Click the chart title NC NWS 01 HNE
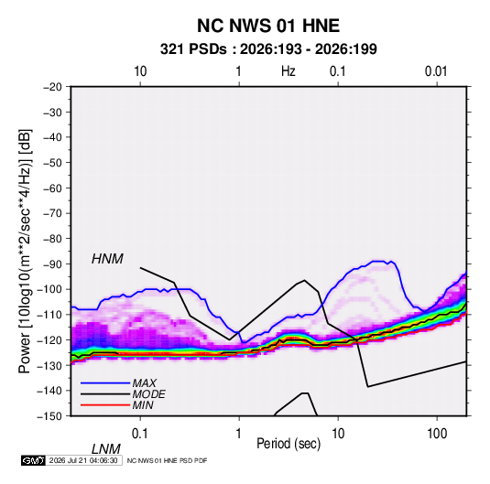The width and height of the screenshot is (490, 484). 268,26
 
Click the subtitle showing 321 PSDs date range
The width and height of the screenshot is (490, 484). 268,49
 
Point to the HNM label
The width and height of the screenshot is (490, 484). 107,259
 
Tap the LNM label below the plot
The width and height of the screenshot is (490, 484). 106,449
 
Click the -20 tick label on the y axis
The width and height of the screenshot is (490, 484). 52,87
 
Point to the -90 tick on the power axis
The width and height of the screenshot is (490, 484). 52,264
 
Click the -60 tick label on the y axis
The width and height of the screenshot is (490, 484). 52,188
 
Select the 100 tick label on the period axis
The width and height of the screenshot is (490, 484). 437,434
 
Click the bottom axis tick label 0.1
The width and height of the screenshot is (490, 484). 140,434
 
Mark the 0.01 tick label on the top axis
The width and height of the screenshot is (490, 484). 436,71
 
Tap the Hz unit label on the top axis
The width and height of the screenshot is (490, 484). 289,71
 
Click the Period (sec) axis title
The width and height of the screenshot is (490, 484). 289,444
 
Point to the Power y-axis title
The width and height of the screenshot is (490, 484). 25,252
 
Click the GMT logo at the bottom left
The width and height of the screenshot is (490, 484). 34,460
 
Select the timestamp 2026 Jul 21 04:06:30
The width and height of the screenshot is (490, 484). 83,460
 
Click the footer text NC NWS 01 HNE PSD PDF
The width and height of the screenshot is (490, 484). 167,460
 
